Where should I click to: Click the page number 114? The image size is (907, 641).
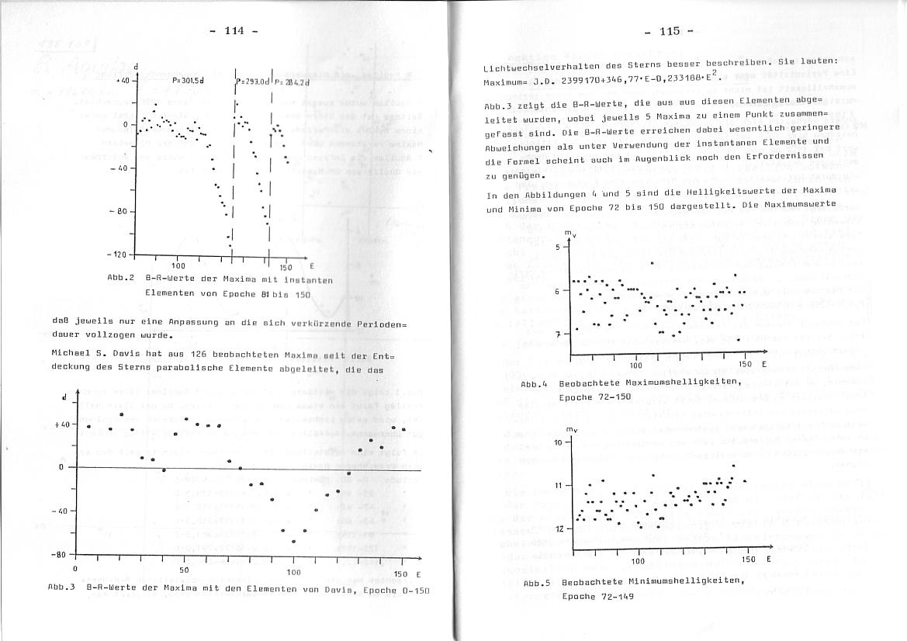pyautogui.click(x=234, y=30)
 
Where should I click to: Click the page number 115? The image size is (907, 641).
pyautogui.click(x=670, y=31)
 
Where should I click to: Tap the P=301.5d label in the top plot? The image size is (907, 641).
pyautogui.click(x=188, y=80)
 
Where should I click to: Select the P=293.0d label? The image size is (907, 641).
pyautogui.click(x=253, y=81)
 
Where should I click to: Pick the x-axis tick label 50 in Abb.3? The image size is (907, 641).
pyautogui.click(x=184, y=570)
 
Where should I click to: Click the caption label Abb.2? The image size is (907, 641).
pyautogui.click(x=122, y=279)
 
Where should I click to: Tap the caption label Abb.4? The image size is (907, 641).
pyautogui.click(x=535, y=384)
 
